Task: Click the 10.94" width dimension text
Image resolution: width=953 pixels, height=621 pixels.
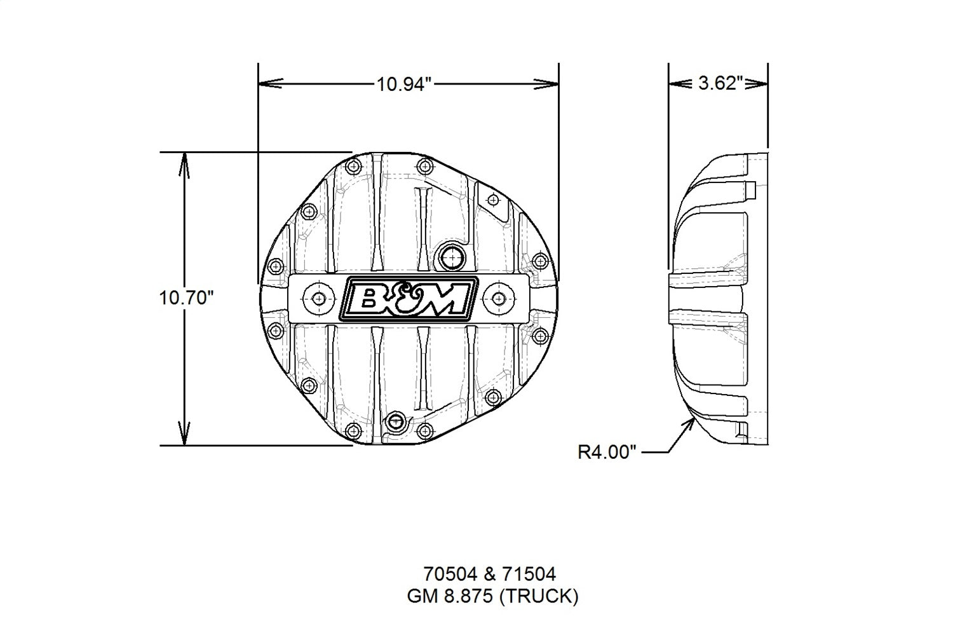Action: (x=404, y=84)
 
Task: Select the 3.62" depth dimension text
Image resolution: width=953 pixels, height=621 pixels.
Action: (x=720, y=84)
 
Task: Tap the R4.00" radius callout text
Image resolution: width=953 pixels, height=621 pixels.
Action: (x=607, y=452)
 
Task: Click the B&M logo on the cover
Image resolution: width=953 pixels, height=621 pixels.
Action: (x=409, y=298)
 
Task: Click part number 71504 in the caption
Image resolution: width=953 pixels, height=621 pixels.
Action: (x=529, y=575)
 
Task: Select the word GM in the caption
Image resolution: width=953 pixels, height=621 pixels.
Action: (x=420, y=596)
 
